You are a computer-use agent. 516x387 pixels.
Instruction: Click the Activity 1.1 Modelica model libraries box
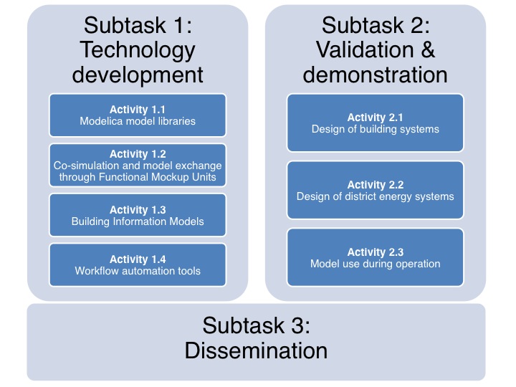pos(138,115)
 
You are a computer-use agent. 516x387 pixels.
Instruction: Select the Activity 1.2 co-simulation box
pos(138,165)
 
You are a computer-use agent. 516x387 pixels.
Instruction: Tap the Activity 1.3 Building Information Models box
pos(138,215)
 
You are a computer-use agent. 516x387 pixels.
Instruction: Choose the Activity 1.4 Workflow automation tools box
pos(138,264)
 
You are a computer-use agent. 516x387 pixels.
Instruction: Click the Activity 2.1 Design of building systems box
pos(376,123)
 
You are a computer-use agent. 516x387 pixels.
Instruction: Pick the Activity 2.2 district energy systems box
pos(376,191)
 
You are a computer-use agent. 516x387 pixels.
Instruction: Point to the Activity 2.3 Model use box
pos(376,257)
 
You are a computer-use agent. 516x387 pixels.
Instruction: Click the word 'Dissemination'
pos(256,351)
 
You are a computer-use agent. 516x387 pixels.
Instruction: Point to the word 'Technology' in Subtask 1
pos(138,49)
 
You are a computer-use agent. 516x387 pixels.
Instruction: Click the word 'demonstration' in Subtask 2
pos(376,74)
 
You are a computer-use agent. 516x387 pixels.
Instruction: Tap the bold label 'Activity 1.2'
pos(138,154)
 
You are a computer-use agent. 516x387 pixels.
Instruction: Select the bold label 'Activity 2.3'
pos(376,252)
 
